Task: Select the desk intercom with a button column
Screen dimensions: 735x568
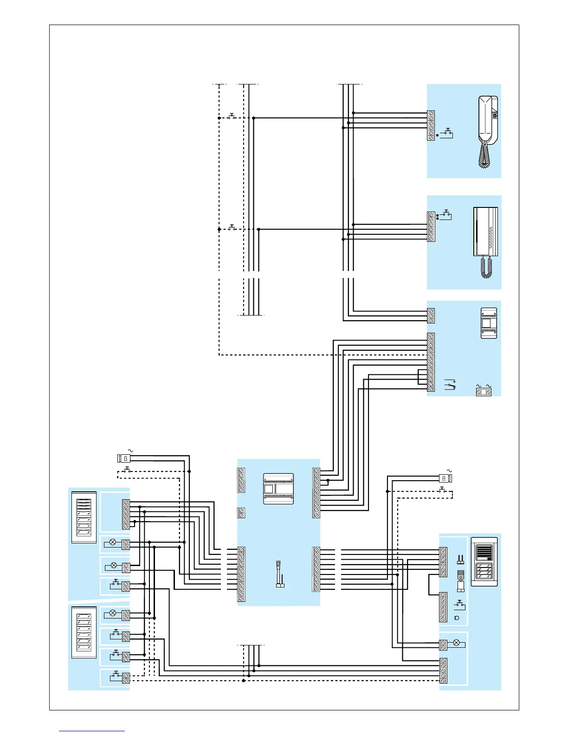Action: point(485,241)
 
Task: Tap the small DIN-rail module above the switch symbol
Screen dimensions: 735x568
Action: point(489,323)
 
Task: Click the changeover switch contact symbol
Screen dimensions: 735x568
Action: point(450,385)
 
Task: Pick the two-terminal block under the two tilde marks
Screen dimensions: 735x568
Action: point(484,392)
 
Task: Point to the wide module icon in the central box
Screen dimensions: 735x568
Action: point(278,489)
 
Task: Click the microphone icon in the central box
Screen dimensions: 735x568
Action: point(280,574)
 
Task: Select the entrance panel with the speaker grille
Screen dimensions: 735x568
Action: point(484,561)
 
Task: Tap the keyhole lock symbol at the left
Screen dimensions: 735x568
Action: point(124,458)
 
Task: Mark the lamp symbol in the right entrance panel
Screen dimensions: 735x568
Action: point(456,643)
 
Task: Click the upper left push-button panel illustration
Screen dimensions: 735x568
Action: point(84,517)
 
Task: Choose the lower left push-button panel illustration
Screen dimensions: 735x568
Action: point(84,632)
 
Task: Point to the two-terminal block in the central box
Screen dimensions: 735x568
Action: point(241,513)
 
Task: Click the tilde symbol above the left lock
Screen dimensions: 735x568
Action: point(130,451)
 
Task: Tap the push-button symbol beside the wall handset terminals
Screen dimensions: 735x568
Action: point(447,133)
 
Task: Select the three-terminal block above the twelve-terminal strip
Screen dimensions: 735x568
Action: point(431,316)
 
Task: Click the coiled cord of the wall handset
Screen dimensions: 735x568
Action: point(484,155)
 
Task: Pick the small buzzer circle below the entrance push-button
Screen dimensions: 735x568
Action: point(457,618)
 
